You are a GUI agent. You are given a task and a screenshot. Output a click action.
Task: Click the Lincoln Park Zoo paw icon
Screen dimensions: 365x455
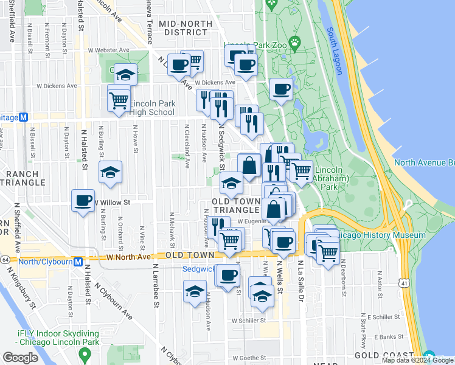point(295,43)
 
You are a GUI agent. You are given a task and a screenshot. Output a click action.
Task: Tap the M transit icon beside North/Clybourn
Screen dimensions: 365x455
point(78,262)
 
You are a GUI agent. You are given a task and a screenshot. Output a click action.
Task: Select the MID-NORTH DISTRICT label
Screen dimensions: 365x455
point(185,27)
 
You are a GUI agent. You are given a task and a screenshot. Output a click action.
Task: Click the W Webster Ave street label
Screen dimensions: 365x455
point(109,50)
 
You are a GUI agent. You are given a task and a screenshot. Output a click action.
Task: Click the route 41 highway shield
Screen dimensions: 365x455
point(405,283)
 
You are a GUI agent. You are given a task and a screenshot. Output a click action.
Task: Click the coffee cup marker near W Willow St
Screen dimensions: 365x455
point(83,200)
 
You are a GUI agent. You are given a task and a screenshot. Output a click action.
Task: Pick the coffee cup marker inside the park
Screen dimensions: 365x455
point(281,89)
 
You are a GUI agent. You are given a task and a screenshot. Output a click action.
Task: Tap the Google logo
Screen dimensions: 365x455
point(20,358)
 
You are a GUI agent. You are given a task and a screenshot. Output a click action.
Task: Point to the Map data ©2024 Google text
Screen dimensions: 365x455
point(417,361)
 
